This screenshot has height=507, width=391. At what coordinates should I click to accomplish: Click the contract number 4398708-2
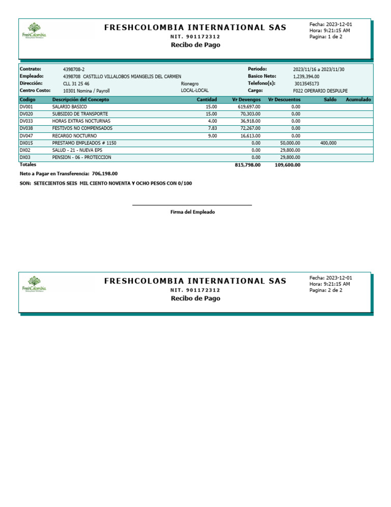[x=74, y=69]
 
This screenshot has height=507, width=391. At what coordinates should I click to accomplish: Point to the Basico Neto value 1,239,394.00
[x=306, y=76]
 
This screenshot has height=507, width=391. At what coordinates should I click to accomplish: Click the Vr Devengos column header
[x=246, y=100]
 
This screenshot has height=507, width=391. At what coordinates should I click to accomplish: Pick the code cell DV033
[x=26, y=121]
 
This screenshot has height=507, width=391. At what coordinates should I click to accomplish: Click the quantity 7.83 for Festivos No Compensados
[x=212, y=129]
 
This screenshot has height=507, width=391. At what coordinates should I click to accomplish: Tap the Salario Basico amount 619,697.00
[x=249, y=107]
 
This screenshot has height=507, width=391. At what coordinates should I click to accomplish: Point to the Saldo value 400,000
[x=328, y=143]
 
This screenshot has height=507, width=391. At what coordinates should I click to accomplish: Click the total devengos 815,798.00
[x=247, y=165]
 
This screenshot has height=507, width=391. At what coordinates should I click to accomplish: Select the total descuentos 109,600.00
[x=287, y=165]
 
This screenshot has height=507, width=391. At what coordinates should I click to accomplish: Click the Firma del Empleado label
[x=192, y=212]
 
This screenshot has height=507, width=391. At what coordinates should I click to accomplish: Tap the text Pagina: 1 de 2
[x=326, y=37]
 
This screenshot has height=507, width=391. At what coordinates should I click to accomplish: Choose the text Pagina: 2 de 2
[x=326, y=290]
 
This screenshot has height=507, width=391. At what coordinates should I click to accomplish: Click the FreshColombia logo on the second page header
[x=34, y=284]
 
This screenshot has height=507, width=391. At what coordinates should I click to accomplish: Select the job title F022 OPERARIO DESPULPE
[x=320, y=91]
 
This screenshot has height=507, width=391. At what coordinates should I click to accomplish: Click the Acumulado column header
[x=358, y=100]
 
